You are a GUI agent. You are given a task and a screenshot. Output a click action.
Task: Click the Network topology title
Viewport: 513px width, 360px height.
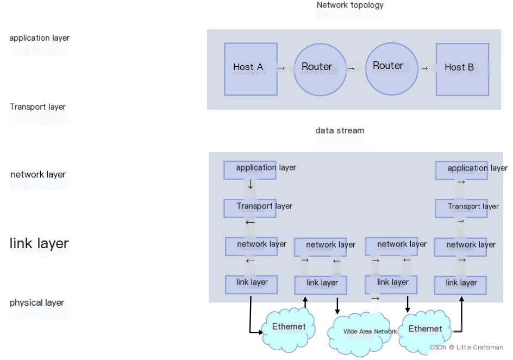point(350,5)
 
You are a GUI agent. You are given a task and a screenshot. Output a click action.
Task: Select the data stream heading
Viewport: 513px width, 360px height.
point(340,130)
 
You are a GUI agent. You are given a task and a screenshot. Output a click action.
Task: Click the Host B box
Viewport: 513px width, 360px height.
point(462,69)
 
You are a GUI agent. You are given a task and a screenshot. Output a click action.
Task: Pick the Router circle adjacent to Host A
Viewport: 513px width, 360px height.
point(320,69)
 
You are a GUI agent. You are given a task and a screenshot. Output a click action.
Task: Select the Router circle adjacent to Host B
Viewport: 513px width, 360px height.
point(391,68)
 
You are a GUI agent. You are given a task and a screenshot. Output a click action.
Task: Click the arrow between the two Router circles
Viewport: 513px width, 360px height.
point(351,68)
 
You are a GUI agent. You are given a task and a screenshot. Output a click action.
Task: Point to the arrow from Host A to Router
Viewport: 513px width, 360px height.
point(281,68)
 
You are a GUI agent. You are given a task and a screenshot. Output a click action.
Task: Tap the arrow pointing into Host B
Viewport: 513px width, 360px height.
point(424,68)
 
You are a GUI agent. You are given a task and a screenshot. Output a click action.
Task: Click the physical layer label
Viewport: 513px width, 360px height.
point(37,302)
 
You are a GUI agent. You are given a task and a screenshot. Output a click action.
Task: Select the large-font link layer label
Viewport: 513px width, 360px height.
point(39,243)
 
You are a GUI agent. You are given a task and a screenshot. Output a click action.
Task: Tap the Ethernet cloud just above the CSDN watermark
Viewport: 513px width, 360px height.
point(425,329)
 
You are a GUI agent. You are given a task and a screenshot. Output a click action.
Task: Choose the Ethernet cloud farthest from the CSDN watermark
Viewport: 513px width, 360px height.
point(289,327)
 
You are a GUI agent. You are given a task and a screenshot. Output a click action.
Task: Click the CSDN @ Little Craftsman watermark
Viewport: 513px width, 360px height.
point(466,347)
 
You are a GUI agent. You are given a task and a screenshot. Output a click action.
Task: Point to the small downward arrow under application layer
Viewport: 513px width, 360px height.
point(251,185)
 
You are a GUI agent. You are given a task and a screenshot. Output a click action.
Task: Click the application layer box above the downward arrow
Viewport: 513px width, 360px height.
point(251,169)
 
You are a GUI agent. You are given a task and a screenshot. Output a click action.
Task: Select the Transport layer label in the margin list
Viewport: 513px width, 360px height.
point(37,106)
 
